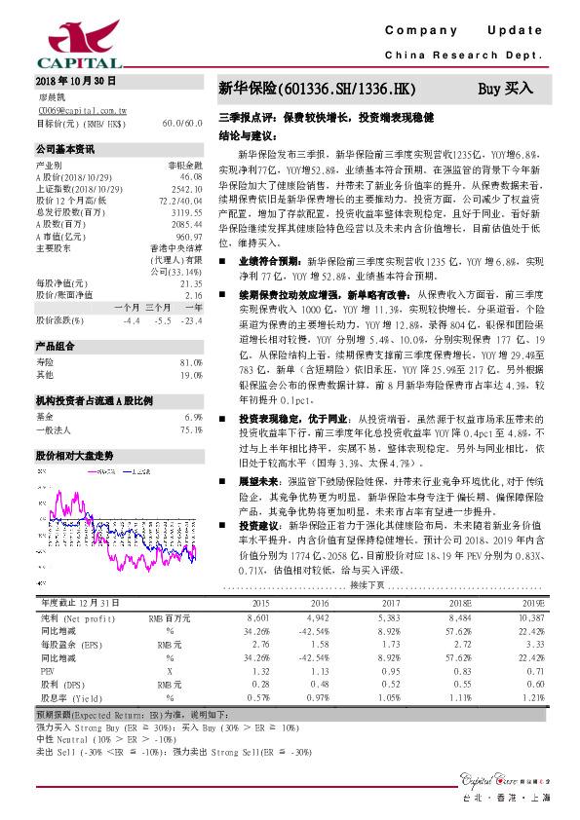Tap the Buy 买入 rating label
coord(506,89)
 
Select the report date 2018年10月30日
coord(76,81)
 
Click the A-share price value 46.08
coord(191,176)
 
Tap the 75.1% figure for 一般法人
coord(190,429)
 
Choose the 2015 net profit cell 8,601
coord(258,618)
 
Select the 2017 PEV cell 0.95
coord(388,671)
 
